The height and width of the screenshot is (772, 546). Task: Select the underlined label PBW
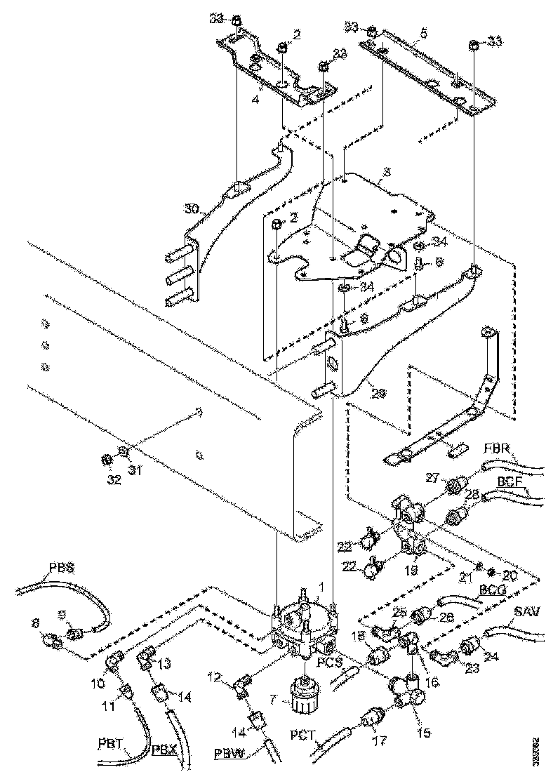229,755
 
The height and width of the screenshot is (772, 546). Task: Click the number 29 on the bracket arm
380,395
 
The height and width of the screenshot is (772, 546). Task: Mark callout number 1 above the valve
321,586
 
